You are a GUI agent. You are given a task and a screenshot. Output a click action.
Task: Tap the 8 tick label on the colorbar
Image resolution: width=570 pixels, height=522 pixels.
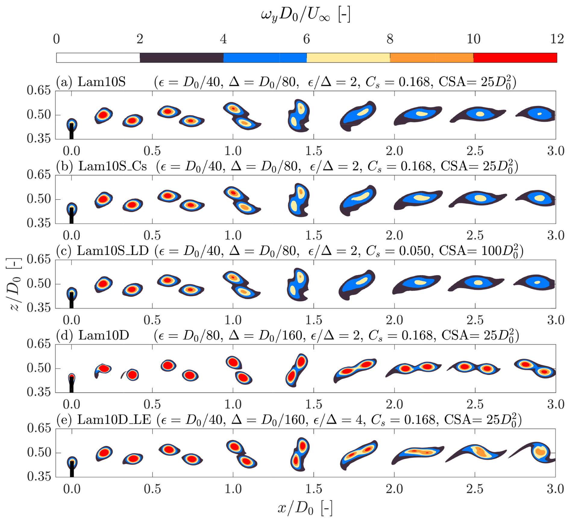coord(390,39)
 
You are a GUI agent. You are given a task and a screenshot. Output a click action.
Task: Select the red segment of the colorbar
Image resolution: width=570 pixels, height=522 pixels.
coord(515,58)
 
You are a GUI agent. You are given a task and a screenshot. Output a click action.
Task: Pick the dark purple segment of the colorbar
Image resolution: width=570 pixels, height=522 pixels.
coord(181,58)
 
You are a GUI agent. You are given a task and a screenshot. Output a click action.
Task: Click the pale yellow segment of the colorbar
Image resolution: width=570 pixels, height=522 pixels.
coord(348,58)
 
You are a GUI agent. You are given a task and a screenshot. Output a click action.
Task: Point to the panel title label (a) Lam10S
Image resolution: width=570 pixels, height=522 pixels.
coord(91,82)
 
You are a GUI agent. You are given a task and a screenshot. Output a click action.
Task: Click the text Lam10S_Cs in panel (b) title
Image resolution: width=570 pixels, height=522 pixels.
coord(112,166)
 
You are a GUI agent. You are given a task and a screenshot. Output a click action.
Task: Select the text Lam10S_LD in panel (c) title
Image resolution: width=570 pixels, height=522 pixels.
coord(113,251)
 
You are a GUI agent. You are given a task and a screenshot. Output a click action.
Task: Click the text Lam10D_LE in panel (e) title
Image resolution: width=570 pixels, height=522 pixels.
coord(114,420)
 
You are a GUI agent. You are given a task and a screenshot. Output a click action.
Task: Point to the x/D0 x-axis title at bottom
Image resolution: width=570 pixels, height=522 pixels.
coord(305,508)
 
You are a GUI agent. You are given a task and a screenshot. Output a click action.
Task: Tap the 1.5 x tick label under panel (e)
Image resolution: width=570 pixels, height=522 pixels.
coord(314,489)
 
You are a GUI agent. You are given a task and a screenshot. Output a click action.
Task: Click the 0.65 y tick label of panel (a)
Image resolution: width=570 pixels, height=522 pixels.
coord(39,90)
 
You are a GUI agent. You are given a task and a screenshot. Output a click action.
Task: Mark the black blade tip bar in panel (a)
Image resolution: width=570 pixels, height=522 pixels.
coord(71,131)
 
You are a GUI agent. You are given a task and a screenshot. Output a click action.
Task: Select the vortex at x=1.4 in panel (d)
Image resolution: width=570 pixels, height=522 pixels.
coord(296,369)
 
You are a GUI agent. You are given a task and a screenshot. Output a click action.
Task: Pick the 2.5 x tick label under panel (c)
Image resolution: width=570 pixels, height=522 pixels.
coord(475,320)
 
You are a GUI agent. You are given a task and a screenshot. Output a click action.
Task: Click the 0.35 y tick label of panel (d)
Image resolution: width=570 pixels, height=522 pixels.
coord(39,392)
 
